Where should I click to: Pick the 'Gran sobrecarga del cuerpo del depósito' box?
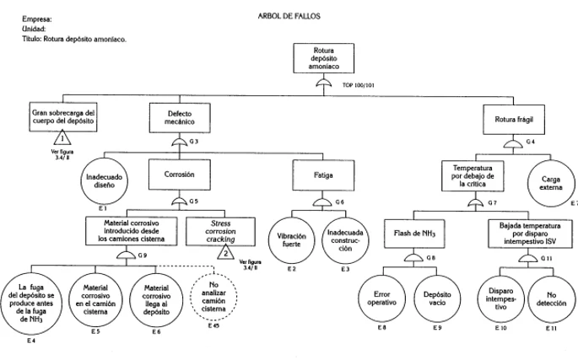point(63,117)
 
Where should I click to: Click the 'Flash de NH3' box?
point(420,232)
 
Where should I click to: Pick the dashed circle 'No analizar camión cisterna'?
point(215,296)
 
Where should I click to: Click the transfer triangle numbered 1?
point(60,140)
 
